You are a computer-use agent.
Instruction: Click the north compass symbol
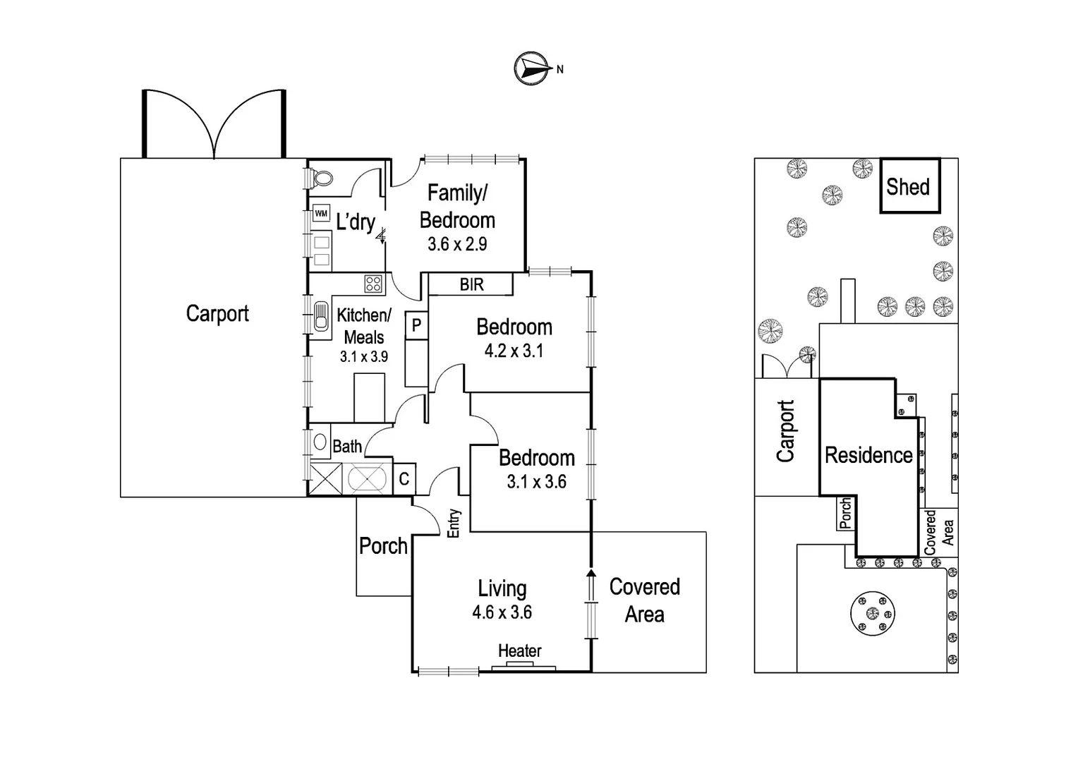click(533, 68)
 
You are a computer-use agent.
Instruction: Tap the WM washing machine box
click(321, 213)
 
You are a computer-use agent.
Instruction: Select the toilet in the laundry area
click(321, 178)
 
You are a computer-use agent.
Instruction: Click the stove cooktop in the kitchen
click(373, 284)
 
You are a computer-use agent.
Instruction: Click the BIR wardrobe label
click(471, 284)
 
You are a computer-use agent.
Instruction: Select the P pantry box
click(416, 325)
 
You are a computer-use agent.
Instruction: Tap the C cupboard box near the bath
click(404, 479)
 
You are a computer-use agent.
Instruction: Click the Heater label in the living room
click(520, 651)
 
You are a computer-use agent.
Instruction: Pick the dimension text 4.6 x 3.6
click(502, 612)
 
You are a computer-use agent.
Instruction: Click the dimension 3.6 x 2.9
click(457, 244)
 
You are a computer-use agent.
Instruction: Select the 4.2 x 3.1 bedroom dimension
click(514, 351)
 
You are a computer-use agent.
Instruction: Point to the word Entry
click(454, 524)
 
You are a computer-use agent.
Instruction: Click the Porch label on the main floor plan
click(383, 546)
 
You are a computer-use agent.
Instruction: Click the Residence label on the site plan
click(868, 456)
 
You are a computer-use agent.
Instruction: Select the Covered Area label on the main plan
click(645, 600)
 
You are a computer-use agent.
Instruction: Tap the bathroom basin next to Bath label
click(320, 443)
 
